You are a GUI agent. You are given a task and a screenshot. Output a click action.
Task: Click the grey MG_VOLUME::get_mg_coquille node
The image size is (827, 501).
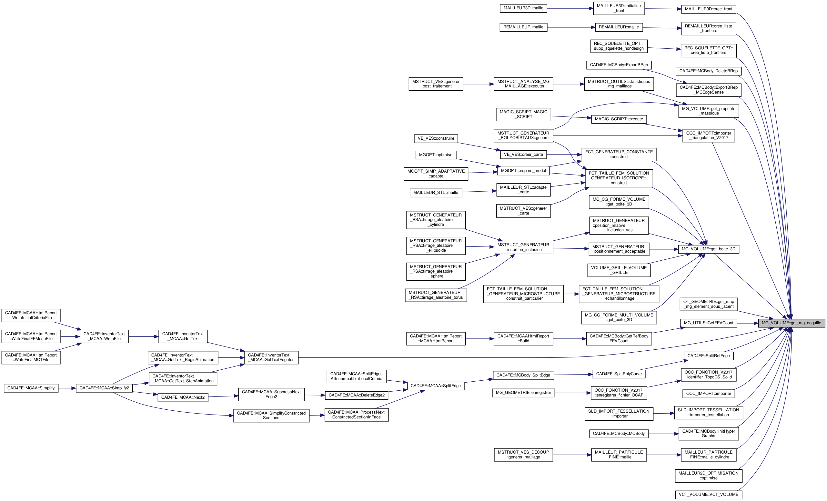(791, 323)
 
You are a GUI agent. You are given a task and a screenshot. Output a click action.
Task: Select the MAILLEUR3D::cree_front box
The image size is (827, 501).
(708, 9)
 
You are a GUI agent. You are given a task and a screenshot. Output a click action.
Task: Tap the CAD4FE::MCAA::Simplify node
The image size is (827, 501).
(31, 388)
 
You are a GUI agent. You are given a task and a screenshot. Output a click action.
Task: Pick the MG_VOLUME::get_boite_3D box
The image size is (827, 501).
(708, 249)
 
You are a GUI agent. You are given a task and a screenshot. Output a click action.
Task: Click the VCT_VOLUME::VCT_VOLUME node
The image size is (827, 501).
(708, 495)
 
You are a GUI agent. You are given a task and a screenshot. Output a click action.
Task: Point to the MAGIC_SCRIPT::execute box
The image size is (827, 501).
(619, 119)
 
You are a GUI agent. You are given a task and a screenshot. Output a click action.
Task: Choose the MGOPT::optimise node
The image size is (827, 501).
(435, 155)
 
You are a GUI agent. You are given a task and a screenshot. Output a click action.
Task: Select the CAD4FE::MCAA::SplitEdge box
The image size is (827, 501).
(435, 386)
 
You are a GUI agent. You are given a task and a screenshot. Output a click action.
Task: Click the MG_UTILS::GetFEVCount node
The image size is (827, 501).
(708, 323)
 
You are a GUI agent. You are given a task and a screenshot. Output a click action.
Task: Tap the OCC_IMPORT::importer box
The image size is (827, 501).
(708, 394)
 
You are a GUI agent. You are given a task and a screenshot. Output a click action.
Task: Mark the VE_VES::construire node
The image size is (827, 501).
(436, 139)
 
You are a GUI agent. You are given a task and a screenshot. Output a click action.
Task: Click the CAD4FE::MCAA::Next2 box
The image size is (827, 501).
(183, 398)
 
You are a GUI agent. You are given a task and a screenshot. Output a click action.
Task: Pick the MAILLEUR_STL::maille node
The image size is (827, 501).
(435, 193)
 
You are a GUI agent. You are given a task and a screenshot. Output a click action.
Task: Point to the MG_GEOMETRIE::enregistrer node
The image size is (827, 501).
(523, 393)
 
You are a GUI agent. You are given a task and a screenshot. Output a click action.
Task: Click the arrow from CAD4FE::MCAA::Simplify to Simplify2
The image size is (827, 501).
(67, 388)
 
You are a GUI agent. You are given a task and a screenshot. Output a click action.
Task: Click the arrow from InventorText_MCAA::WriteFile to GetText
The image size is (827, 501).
(143, 336)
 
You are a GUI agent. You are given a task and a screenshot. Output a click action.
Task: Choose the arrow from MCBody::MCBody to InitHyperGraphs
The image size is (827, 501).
(663, 434)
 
